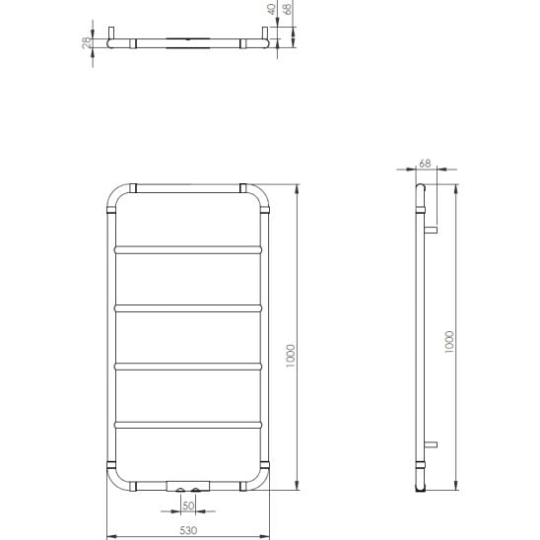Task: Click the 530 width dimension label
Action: coord(188,530)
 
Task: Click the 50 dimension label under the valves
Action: coord(188,506)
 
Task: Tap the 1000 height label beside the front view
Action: coord(291,356)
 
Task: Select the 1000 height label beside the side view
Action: coord(449,342)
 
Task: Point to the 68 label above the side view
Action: coord(425,164)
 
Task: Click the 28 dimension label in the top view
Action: coord(87,43)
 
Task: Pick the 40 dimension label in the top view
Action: coord(272,9)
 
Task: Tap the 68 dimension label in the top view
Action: coord(287,8)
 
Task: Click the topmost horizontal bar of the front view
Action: coord(188,249)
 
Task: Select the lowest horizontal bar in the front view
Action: coord(188,425)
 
